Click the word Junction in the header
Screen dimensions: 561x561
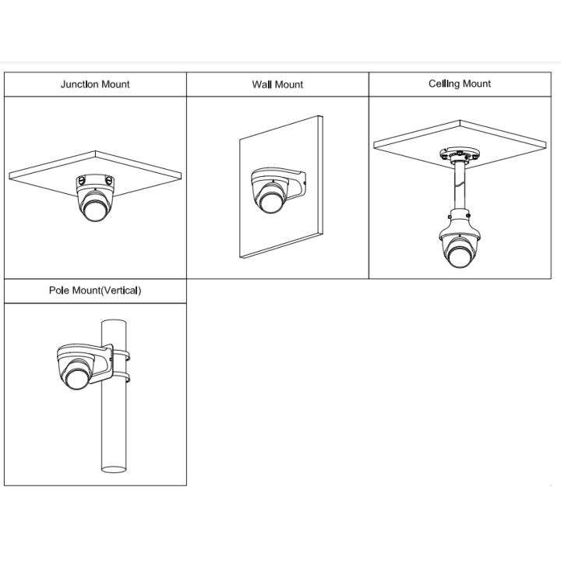(79, 84)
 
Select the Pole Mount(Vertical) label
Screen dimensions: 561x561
(95, 290)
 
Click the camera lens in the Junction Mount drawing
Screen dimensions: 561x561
(95, 211)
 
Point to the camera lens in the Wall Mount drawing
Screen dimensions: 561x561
(270, 202)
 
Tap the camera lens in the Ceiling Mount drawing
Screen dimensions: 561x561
(460, 256)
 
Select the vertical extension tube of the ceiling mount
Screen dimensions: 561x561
(460, 186)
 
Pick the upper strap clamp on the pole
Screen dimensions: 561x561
(122, 355)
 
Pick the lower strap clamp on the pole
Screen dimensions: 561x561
(122, 377)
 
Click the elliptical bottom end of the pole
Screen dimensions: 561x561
(114, 469)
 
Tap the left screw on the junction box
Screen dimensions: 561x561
(81, 181)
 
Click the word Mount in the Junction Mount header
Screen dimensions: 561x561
(115, 84)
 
